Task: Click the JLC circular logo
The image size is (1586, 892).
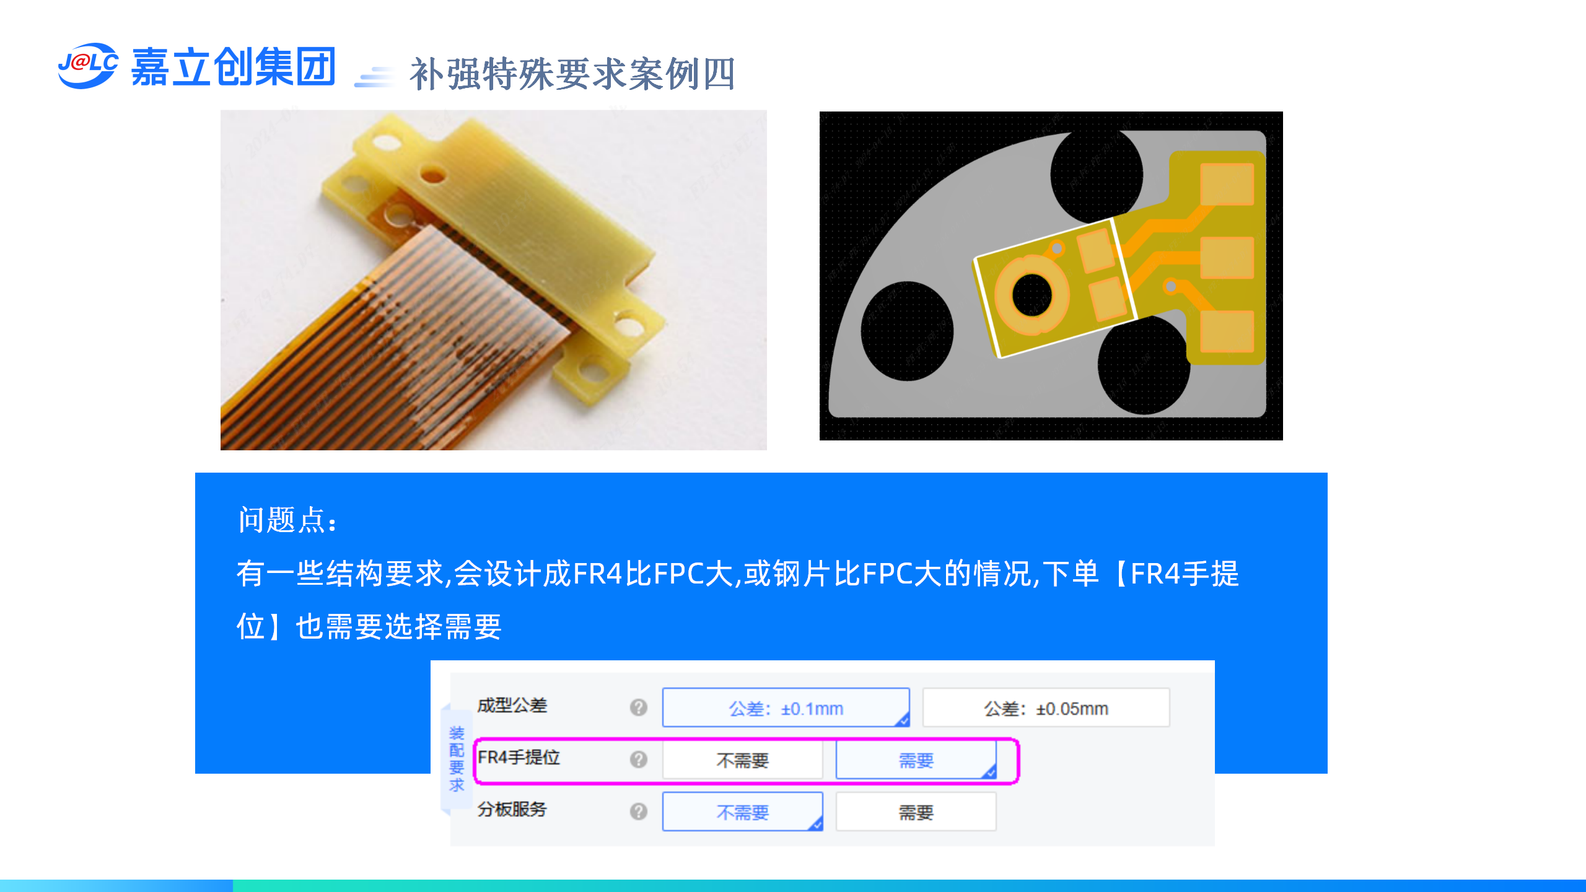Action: (x=87, y=65)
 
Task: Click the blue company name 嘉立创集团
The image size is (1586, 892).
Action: (x=233, y=66)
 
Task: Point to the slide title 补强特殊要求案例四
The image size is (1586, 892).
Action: (x=572, y=74)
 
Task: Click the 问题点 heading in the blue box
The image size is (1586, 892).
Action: (x=287, y=520)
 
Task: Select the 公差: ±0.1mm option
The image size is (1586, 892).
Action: (x=786, y=707)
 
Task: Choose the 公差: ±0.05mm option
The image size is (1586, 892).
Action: (x=1046, y=707)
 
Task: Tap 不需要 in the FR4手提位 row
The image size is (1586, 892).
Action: (x=742, y=760)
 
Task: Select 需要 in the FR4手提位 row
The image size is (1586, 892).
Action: (x=916, y=760)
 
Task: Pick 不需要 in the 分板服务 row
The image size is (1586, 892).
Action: (x=742, y=811)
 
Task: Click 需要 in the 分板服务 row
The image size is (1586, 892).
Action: (x=916, y=811)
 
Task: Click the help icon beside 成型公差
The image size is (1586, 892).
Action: (x=638, y=707)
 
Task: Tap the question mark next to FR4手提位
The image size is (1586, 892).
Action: (x=638, y=759)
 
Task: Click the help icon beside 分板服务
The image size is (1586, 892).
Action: (x=638, y=811)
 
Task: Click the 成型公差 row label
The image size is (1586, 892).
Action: (x=512, y=706)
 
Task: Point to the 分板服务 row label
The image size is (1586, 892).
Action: (x=512, y=809)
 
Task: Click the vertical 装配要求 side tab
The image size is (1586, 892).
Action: (x=457, y=759)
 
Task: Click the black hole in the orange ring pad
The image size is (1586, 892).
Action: (x=1032, y=295)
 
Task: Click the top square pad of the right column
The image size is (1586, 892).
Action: (x=1227, y=184)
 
